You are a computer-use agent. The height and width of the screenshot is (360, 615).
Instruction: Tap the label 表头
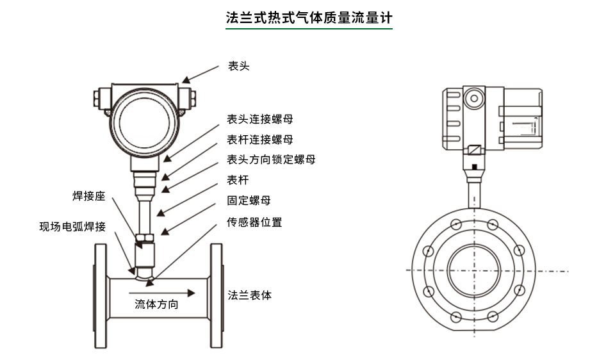(x=238, y=65)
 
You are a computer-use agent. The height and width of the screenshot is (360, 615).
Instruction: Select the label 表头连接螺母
(x=260, y=119)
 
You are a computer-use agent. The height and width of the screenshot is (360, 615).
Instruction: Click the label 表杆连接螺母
(x=260, y=139)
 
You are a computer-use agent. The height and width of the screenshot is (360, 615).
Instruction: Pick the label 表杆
(x=238, y=180)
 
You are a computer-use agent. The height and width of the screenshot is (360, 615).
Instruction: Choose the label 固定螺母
(x=249, y=201)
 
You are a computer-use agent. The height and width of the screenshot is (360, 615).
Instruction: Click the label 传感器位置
(x=254, y=222)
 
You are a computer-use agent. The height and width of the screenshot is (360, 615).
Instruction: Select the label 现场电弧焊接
(x=72, y=227)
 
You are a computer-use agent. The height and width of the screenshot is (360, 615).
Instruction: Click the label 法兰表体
(x=250, y=295)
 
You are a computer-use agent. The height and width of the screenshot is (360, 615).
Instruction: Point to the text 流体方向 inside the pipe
(x=156, y=304)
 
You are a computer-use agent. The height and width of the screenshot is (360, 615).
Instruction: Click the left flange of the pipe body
(x=101, y=296)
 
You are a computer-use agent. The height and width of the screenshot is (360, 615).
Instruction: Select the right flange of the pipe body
(x=217, y=296)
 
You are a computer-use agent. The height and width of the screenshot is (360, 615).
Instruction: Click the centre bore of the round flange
(x=473, y=269)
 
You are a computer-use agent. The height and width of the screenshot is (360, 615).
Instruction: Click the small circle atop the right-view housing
(x=474, y=98)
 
